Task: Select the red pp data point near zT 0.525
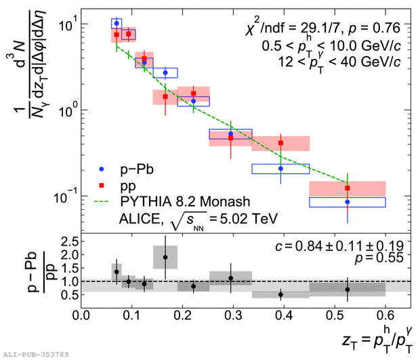348,188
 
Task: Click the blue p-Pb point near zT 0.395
280,168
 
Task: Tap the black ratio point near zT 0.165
165,257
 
